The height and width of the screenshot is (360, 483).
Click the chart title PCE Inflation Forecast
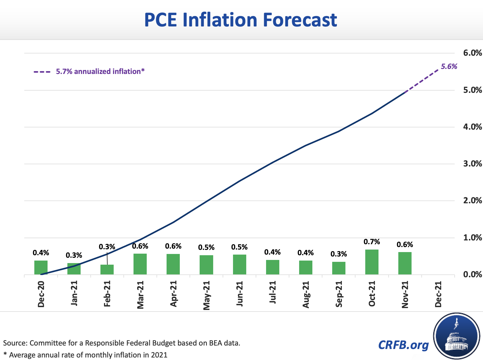coord(241,20)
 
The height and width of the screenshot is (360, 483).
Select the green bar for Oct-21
coord(372,262)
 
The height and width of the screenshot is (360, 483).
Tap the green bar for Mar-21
coord(140,264)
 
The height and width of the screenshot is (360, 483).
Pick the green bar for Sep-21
coord(339,268)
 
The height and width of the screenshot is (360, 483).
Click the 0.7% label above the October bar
coord(372,242)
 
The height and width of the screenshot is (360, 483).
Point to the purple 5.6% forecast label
coord(449,66)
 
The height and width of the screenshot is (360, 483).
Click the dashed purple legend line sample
coord(42,72)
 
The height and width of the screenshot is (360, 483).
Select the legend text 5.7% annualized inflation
coord(100,71)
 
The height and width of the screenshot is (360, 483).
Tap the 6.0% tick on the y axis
coord(472,53)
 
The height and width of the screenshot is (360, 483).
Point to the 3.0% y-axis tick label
coord(472,164)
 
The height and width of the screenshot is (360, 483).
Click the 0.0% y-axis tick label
coord(472,274)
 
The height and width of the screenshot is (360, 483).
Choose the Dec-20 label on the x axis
coord(41,294)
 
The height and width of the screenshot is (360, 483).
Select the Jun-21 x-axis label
coord(240,294)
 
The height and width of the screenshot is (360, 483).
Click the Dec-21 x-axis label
coord(438,294)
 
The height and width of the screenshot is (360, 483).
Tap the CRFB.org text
coord(403,345)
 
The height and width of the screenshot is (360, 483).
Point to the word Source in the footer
coord(15,343)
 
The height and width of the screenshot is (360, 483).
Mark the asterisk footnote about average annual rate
coord(85,355)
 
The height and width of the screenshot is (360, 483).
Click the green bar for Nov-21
coord(405,263)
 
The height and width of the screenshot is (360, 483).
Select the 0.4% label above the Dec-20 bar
coord(41,253)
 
